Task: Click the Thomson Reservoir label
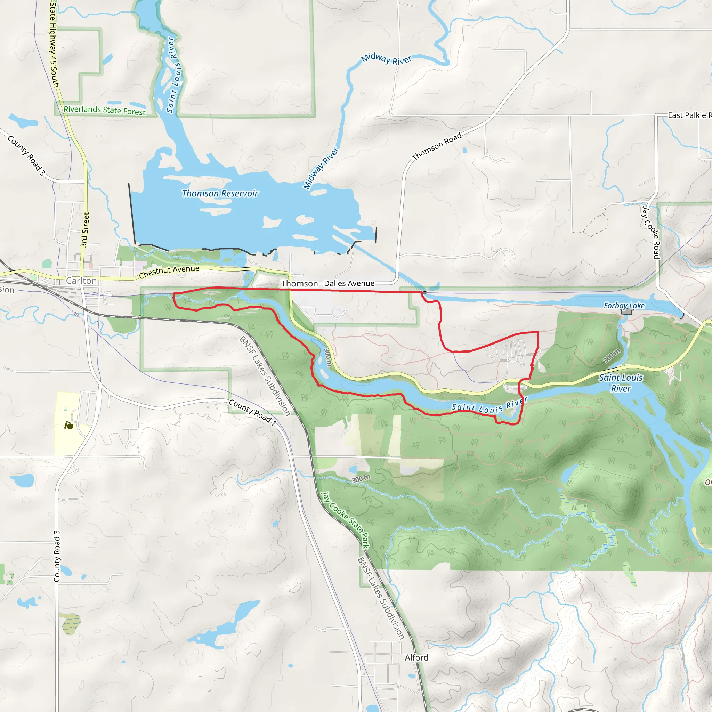[220, 194]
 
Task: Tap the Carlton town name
[81, 281]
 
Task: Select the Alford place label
[416, 657]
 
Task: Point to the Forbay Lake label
[624, 306]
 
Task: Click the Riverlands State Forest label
[104, 110]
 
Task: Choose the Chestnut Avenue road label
[169, 272]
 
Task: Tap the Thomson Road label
[437, 146]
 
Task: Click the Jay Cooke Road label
[651, 233]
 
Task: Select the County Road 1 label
[253, 412]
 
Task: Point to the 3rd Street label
[85, 230]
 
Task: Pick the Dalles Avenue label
[349, 283]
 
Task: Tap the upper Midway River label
[386, 59]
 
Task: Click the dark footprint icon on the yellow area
[69, 426]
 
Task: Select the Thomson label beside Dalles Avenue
[300, 283]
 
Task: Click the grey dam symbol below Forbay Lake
[626, 312]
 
